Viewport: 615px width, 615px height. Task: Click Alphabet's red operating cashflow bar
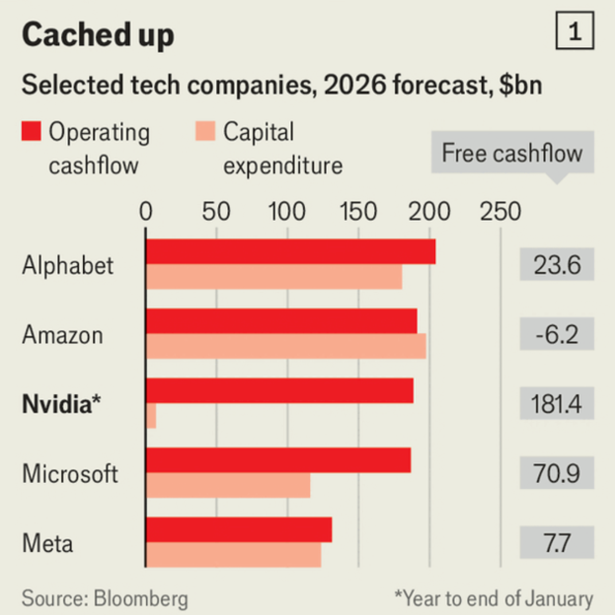point(290,252)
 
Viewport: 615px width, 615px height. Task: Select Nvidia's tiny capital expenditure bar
point(151,416)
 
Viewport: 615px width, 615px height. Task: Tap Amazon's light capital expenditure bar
point(286,347)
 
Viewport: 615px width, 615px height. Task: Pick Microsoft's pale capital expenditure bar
point(228,485)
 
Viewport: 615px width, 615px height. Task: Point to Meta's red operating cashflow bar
point(239,530)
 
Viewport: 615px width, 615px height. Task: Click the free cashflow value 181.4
point(556,404)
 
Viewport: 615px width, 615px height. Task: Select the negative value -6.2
point(556,335)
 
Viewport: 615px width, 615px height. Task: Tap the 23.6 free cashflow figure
point(556,266)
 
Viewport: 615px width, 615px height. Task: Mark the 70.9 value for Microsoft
point(556,474)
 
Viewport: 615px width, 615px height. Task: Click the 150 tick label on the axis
point(358,212)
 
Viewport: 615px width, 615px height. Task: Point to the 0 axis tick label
point(146,212)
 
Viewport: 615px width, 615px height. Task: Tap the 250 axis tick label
point(500,212)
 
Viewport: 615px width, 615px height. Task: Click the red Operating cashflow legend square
point(31,131)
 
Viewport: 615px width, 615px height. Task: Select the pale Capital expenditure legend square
point(205,131)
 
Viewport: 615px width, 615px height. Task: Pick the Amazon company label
point(63,335)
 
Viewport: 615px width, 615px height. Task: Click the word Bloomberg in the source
point(141,598)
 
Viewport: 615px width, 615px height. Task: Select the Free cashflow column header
point(512,154)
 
